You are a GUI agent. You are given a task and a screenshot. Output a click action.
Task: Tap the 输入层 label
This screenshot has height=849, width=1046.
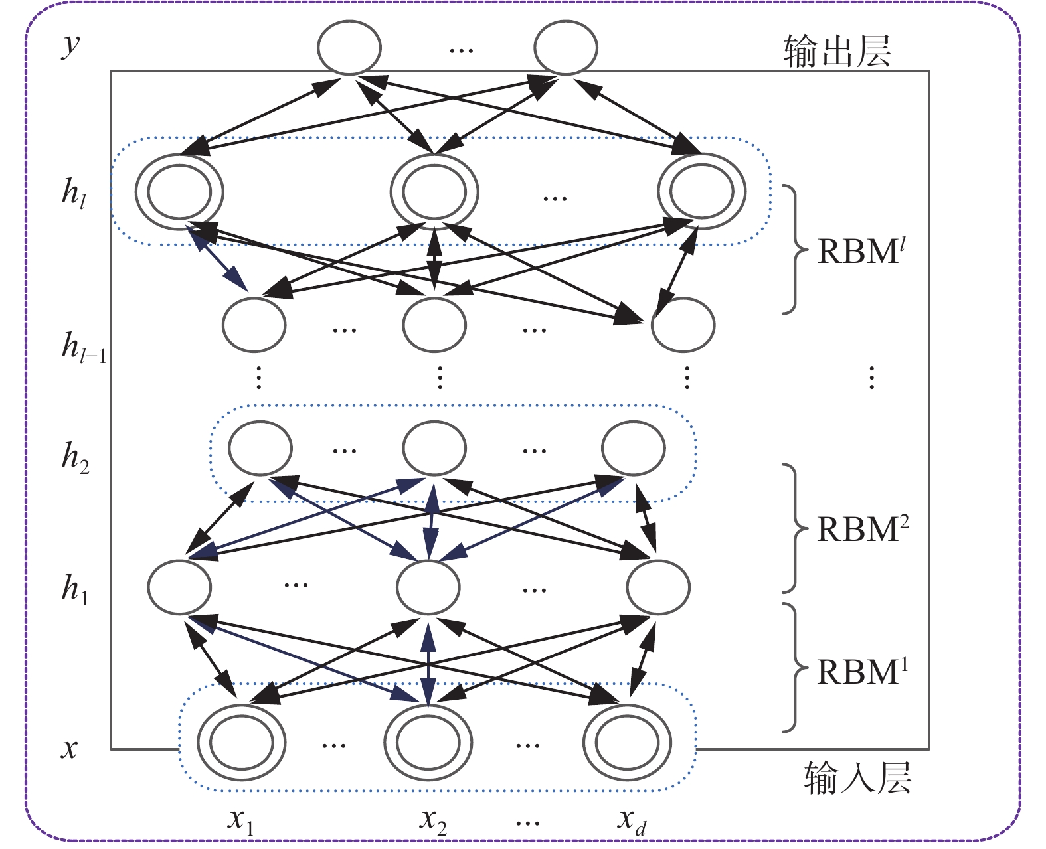pyautogui.click(x=857, y=777)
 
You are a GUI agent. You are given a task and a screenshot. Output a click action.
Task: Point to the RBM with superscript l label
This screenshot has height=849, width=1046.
pyautogui.click(x=861, y=250)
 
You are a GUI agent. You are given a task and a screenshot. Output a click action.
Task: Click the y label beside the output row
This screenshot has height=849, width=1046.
pyautogui.click(x=70, y=45)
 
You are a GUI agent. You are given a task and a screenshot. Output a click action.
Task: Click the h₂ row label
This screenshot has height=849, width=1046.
pyautogui.click(x=75, y=458)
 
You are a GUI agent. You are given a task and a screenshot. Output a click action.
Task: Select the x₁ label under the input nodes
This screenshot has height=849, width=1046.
pyautogui.click(x=240, y=821)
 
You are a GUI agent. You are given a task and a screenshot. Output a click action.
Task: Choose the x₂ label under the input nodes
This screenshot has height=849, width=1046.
pyautogui.click(x=433, y=821)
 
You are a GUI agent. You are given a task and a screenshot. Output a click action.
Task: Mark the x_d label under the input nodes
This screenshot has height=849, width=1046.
pyautogui.click(x=631, y=821)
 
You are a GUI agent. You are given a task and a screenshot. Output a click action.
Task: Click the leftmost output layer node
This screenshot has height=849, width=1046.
pyautogui.click(x=349, y=48)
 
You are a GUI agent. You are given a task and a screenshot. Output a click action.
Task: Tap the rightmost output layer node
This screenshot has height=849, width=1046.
pyautogui.click(x=566, y=48)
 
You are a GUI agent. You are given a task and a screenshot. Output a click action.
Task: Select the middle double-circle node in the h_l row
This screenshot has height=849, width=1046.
pyautogui.click(x=434, y=191)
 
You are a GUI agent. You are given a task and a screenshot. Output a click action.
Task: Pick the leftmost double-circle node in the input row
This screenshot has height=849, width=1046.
pyautogui.click(x=242, y=743)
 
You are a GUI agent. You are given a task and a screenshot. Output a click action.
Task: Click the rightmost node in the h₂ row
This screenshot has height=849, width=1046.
pyautogui.click(x=634, y=448)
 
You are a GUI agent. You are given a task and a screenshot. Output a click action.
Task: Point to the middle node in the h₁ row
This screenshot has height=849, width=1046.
pyautogui.click(x=428, y=587)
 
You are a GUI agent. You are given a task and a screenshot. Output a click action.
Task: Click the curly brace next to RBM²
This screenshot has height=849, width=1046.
pyautogui.click(x=794, y=528)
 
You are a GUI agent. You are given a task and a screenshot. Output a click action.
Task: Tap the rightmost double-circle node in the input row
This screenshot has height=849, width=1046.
pyautogui.click(x=627, y=743)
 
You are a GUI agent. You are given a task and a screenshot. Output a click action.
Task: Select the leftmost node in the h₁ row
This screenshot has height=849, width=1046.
pyautogui.click(x=179, y=587)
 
